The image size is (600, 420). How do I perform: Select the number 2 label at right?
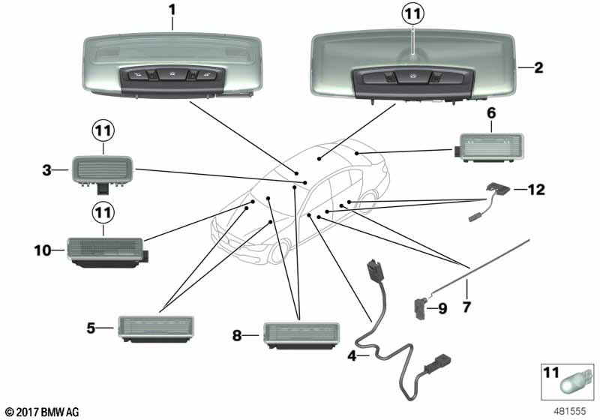pos(538,67)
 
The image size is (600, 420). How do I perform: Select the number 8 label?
pos(237,336)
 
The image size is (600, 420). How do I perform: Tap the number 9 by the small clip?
pos(442,307)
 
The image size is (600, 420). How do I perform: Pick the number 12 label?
pos(535,190)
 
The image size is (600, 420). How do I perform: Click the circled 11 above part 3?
pos(104,130)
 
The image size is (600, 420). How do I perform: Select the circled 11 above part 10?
pos(104,213)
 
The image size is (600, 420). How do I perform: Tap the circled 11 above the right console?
pos(412,13)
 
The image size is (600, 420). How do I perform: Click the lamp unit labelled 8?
pos(301,334)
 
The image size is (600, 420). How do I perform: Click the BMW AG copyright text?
pos(41,412)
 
